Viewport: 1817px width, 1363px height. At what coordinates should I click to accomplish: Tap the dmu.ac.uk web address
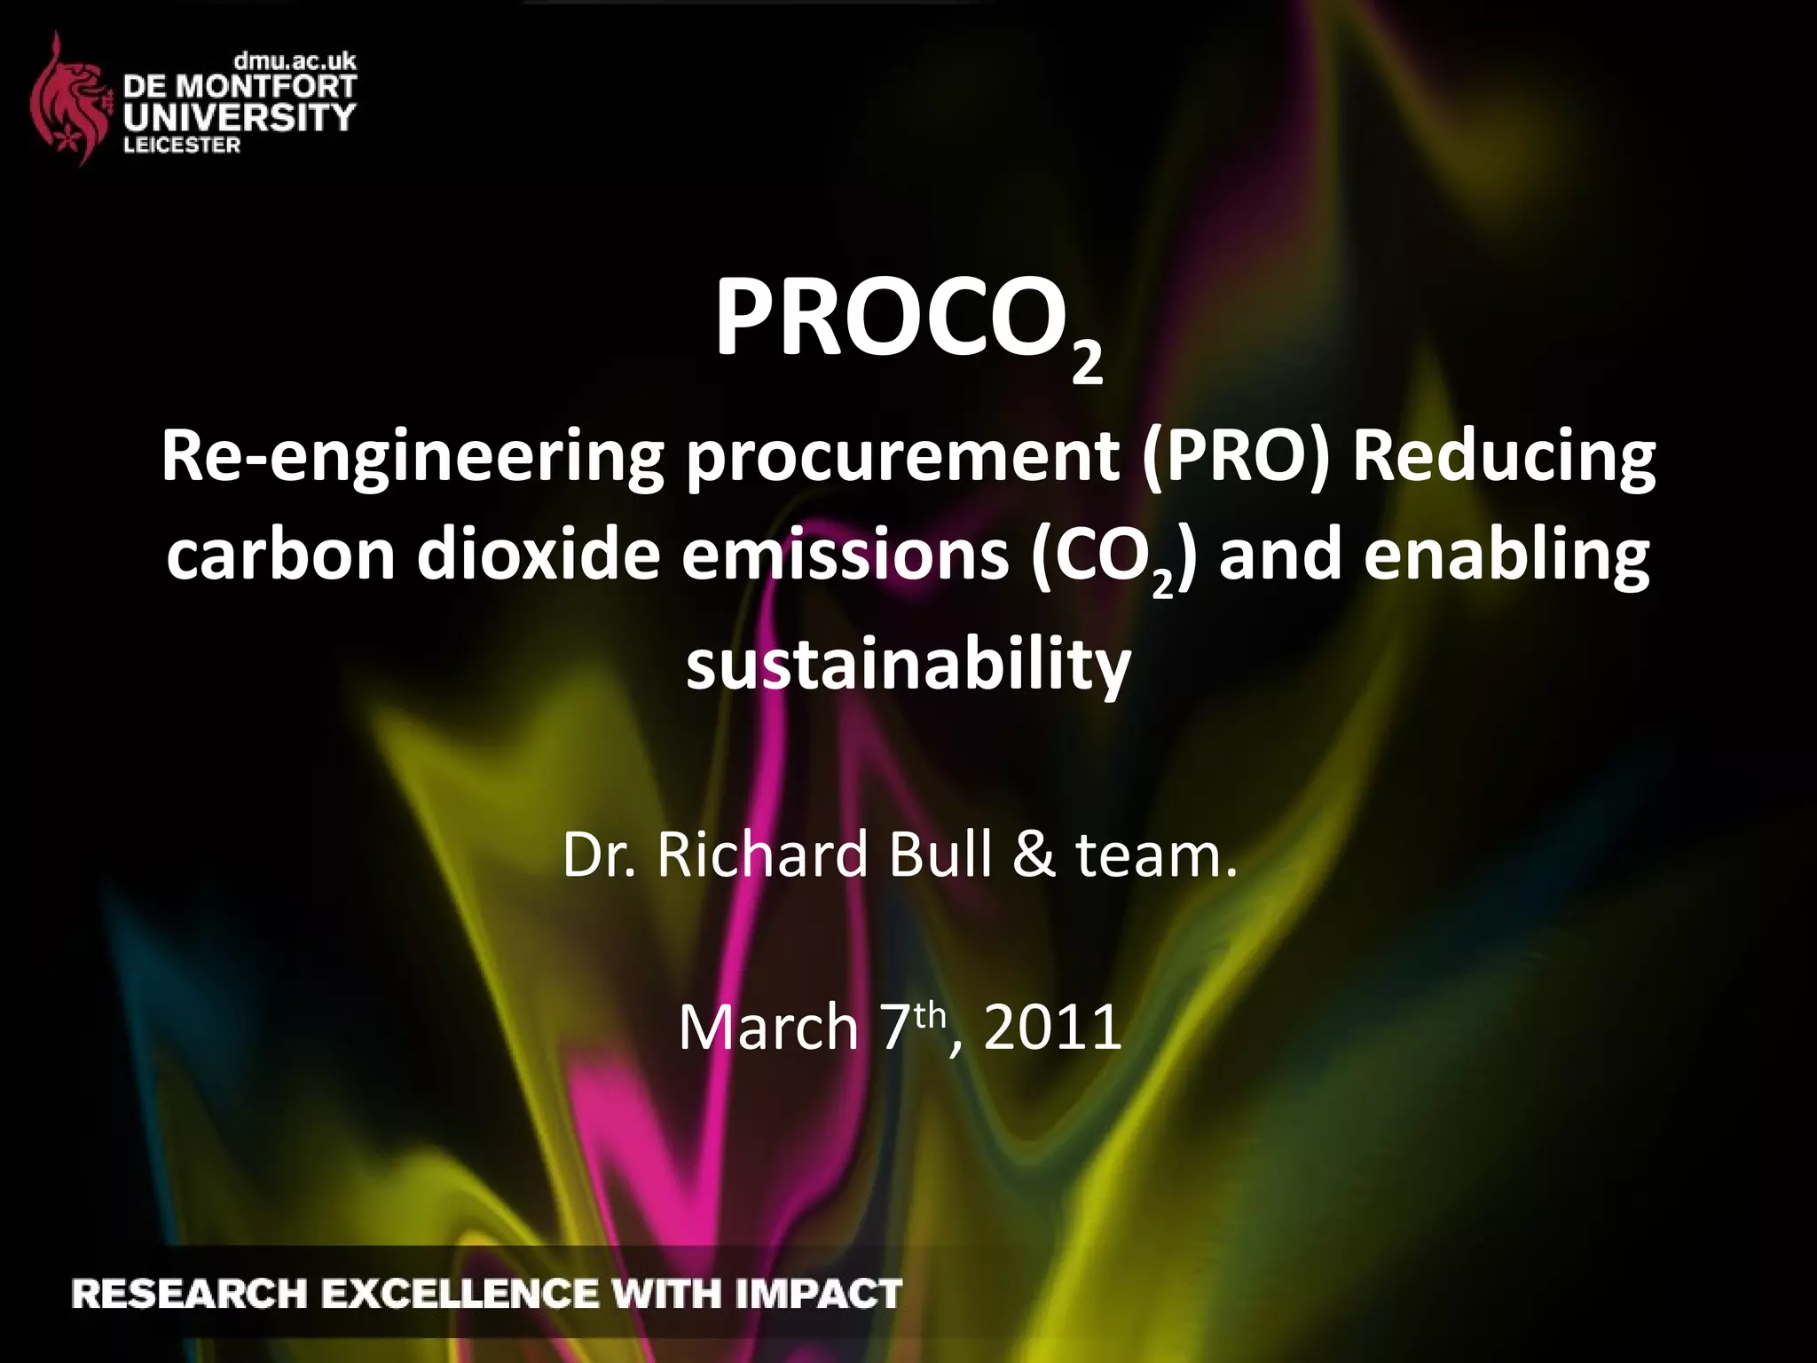(x=295, y=61)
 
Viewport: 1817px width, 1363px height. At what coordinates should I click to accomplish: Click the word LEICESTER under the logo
(x=182, y=146)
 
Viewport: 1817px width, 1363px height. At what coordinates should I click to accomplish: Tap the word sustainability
(x=908, y=664)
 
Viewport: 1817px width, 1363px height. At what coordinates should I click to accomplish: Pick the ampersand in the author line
(x=1034, y=855)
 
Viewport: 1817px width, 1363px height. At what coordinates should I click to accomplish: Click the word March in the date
(x=768, y=1028)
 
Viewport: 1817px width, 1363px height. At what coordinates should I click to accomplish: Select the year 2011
(x=1052, y=1028)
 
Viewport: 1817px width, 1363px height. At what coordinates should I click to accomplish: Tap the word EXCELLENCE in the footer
(x=460, y=1294)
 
